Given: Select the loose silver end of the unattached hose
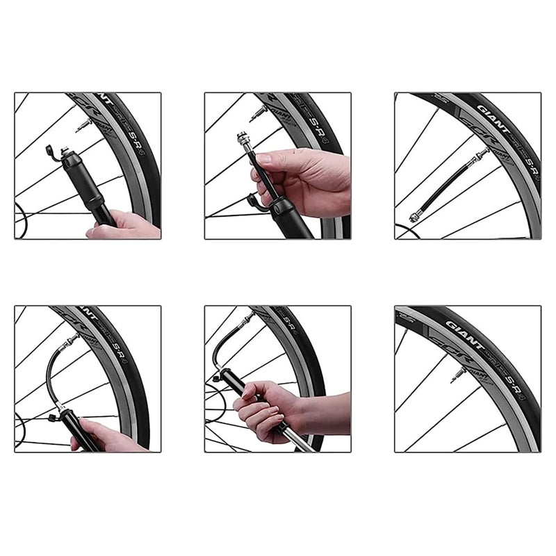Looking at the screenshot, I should (415, 218).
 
